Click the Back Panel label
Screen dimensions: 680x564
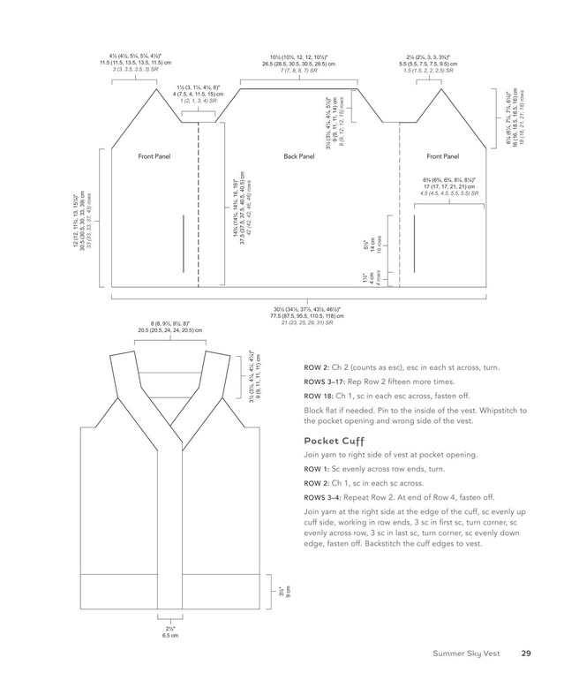pyautogui.click(x=299, y=156)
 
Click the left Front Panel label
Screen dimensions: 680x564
pyautogui.click(x=154, y=156)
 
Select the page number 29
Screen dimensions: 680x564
pyautogui.click(x=525, y=654)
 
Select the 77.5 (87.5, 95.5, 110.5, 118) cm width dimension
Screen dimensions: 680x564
pyautogui.click(x=301, y=315)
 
